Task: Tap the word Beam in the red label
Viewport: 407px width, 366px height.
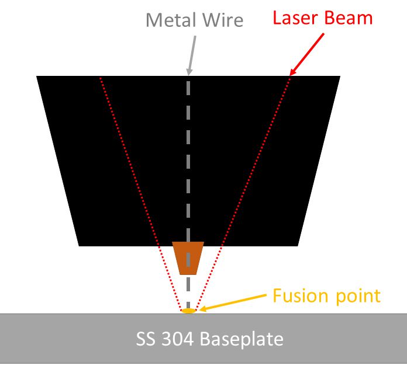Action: pyautogui.click(x=349, y=18)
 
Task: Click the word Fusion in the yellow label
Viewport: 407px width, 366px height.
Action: pyautogui.click(x=301, y=295)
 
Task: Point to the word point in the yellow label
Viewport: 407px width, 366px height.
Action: pyautogui.click(x=356, y=297)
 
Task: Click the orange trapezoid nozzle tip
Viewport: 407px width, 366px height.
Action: pyautogui.click(x=188, y=257)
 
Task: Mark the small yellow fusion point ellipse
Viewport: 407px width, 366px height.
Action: pyautogui.click(x=188, y=311)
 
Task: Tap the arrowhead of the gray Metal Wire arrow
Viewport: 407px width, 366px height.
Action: pyautogui.click(x=188, y=72)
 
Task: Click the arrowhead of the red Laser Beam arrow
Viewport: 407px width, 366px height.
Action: pyautogui.click(x=293, y=72)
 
